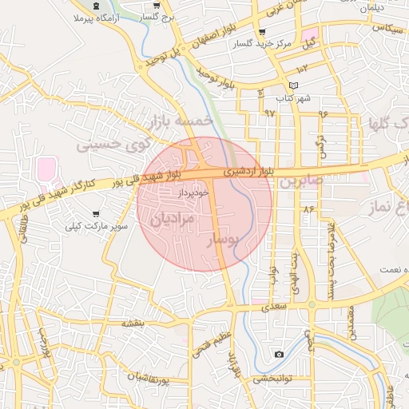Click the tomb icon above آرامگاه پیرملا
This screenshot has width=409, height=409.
click(x=97, y=6)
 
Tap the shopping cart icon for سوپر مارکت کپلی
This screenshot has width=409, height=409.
click(x=97, y=215)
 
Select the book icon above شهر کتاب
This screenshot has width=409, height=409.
click(x=293, y=85)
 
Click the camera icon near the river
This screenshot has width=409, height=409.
click(x=279, y=354)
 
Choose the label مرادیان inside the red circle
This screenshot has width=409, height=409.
click(x=173, y=218)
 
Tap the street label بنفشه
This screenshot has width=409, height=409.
click(x=133, y=324)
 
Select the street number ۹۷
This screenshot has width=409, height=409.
click(x=268, y=113)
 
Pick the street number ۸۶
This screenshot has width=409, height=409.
click(x=308, y=208)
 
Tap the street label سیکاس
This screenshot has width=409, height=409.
click(x=384, y=28)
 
